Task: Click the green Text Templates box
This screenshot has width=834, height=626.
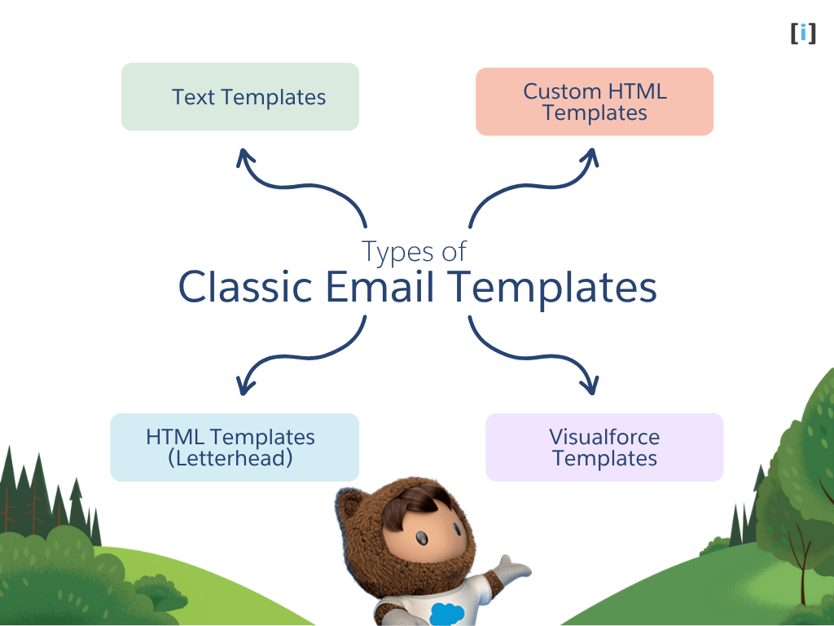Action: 240,97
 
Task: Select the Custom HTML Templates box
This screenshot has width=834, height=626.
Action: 595,102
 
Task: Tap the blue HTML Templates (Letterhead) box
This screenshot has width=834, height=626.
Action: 235,447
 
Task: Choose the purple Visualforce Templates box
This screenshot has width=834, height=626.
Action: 604,447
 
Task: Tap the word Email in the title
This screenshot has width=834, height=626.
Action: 380,288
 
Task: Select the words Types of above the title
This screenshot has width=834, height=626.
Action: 414,251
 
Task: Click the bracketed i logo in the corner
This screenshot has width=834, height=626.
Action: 803,33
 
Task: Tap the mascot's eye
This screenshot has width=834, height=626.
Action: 424,539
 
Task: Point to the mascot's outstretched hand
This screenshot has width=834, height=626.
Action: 513,566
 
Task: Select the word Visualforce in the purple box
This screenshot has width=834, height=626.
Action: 604,437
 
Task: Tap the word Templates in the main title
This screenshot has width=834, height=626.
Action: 555,288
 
